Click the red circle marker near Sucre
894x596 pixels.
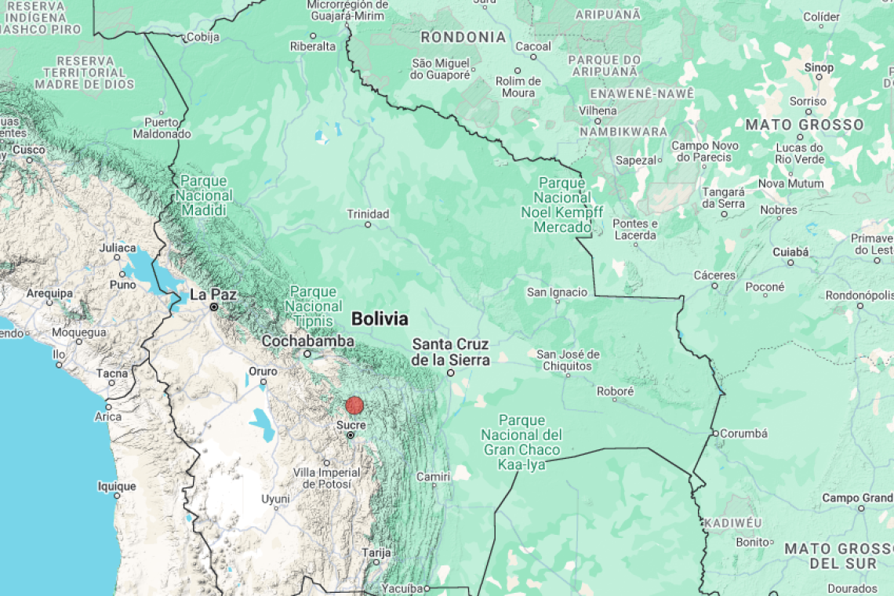coord(354,405)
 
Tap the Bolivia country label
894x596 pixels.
coord(380,319)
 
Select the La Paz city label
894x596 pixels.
coord(213,295)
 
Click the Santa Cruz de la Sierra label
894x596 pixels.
coord(451,352)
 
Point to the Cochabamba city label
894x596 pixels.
coord(307,341)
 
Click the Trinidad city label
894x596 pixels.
coord(368,214)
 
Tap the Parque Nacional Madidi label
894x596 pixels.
coord(204,196)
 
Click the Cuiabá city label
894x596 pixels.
coord(790,252)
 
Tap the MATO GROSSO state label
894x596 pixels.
coord(804,125)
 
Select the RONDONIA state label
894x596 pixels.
coord(463,37)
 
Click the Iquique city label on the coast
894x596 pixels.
coord(117,486)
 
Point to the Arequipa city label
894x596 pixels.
coord(49,293)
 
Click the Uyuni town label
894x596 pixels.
coord(275,499)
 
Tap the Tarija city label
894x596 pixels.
coord(376,553)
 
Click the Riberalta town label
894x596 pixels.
coord(312,46)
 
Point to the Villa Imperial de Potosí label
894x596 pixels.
coord(326,478)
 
